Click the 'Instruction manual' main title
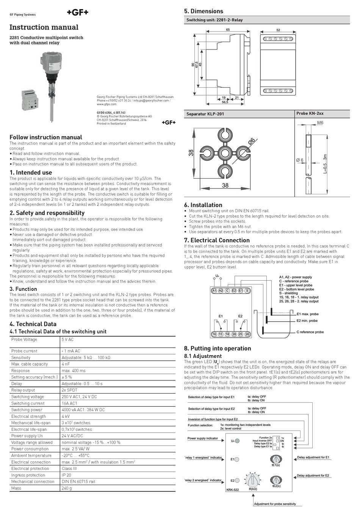44,27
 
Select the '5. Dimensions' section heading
203,11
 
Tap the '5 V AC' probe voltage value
67,339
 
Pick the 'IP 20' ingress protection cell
66,475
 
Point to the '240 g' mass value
67,488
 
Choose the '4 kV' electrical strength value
66,416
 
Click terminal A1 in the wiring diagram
214,291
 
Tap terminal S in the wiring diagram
247,291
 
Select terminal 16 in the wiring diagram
214,334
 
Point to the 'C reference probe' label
310,332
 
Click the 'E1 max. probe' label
307,314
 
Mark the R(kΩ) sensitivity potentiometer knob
253,480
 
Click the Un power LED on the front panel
237,441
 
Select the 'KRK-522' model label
233,490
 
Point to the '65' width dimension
228,30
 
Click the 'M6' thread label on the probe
320,122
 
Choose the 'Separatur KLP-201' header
205,114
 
